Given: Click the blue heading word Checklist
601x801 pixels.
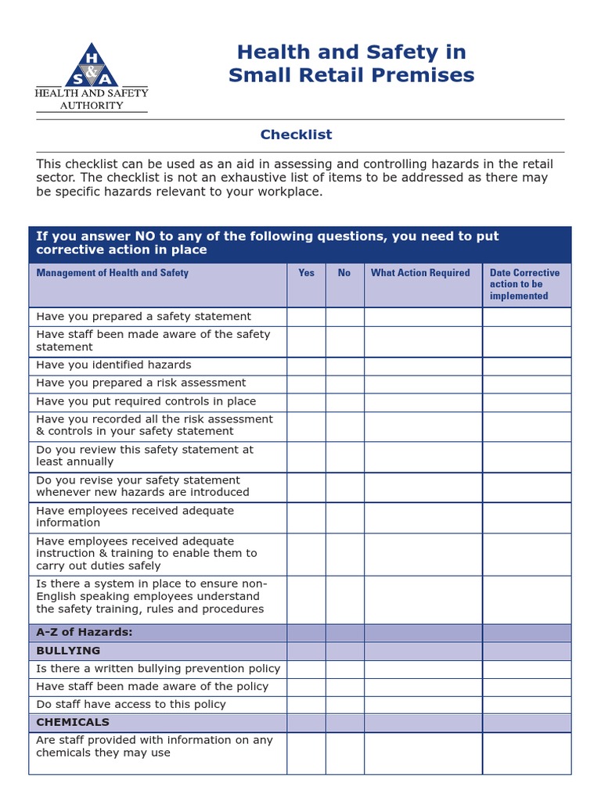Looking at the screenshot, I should (296, 135).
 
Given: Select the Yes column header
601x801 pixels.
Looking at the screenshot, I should (306, 273).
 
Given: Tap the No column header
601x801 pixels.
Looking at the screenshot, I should (344, 273).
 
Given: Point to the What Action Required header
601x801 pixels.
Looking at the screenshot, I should (420, 273).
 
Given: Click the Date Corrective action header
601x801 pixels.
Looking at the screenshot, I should (525, 284).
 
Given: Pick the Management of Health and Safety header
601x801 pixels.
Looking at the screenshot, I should (113, 273).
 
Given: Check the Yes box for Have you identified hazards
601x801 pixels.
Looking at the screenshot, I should (306, 365).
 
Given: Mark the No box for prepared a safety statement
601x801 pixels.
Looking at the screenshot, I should (344, 317).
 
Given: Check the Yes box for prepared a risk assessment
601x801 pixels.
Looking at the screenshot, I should (306, 383).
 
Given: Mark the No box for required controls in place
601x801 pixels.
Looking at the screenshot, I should (344, 401).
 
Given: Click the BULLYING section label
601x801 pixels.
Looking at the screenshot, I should (69, 651).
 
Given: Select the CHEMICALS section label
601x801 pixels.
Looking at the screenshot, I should (73, 722).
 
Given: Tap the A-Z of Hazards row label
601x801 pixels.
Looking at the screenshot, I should (85, 632).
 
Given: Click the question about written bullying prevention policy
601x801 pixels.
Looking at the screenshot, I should (158, 669).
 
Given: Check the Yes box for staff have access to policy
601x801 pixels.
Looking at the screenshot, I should (306, 704).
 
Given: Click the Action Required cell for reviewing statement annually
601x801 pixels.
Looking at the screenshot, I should (423, 456).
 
